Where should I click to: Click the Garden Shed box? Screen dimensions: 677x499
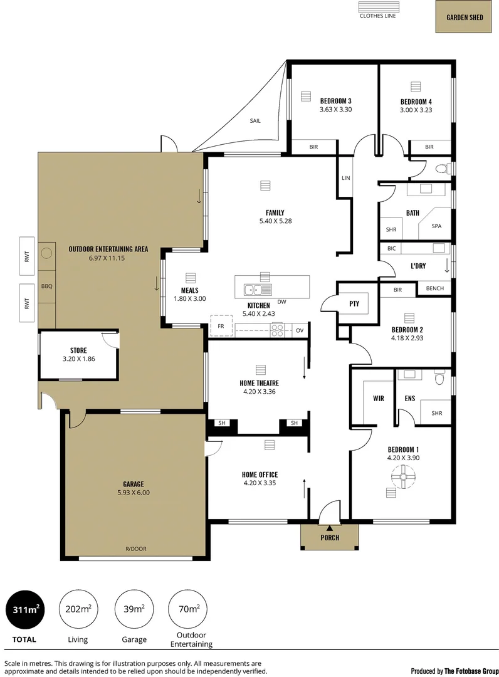(x=465, y=18)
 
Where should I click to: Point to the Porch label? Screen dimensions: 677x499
(x=329, y=537)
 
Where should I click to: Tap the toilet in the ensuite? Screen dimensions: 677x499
(x=439, y=379)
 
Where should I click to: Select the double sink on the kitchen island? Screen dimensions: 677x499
(x=258, y=290)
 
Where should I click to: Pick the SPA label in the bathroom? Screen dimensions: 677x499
(x=436, y=226)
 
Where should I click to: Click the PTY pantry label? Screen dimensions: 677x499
(x=354, y=303)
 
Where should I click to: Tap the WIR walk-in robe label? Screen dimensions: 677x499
(x=378, y=398)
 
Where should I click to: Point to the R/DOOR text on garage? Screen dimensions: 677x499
(x=135, y=548)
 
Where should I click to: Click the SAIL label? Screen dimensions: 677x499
(x=255, y=121)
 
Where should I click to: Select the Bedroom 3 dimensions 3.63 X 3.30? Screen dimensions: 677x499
(x=335, y=109)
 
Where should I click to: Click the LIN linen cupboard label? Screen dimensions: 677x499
(x=345, y=178)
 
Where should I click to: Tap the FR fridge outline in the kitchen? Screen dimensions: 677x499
(x=221, y=326)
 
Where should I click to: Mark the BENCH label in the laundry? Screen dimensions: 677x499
(x=434, y=289)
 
